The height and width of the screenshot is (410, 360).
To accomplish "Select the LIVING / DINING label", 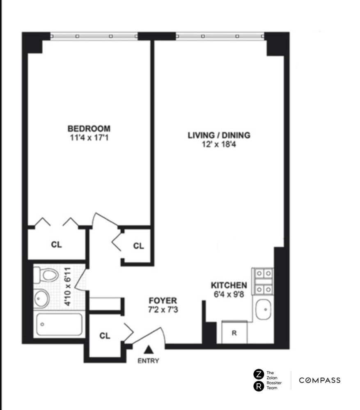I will (x=219, y=135).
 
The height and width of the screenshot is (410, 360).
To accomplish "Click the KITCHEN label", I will (x=229, y=285).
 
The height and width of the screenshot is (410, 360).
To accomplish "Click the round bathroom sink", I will (x=41, y=298).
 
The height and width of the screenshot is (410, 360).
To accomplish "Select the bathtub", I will (x=59, y=324).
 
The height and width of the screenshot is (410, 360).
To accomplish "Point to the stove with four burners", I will (x=263, y=281).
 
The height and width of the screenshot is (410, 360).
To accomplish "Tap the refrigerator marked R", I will (x=234, y=332).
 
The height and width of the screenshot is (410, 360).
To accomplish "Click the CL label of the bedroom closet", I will (x=56, y=244).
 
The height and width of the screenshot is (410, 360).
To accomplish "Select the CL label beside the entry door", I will (x=105, y=335).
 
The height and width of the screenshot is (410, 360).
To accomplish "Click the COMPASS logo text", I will (x=319, y=380).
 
